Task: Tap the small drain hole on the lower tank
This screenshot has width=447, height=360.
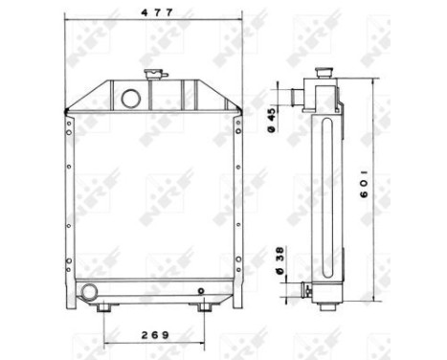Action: [200, 291]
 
